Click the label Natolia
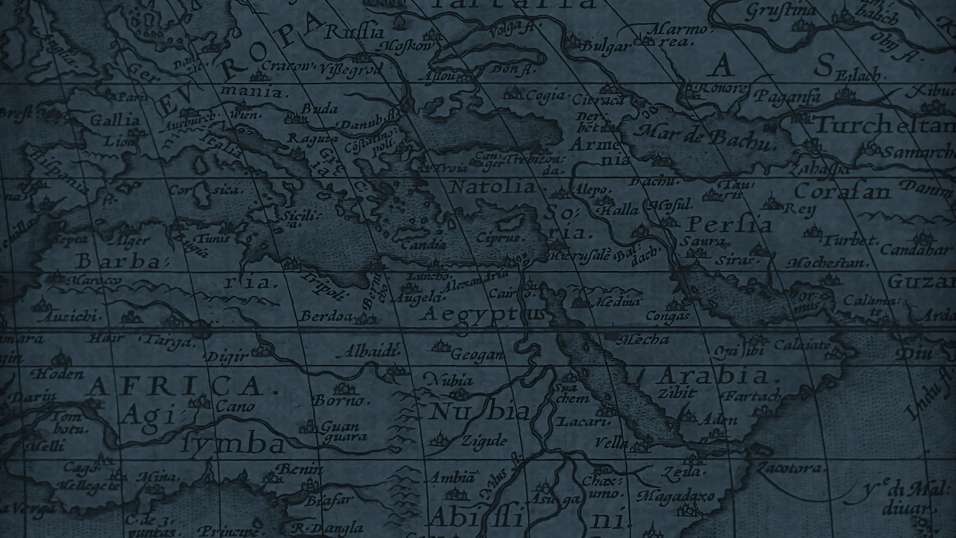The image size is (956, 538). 491,187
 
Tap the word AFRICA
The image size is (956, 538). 181,386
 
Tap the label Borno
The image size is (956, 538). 341,401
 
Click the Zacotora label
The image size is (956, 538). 790,469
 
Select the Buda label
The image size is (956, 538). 319,109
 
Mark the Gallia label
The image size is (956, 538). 115,120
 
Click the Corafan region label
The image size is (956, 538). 842,192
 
